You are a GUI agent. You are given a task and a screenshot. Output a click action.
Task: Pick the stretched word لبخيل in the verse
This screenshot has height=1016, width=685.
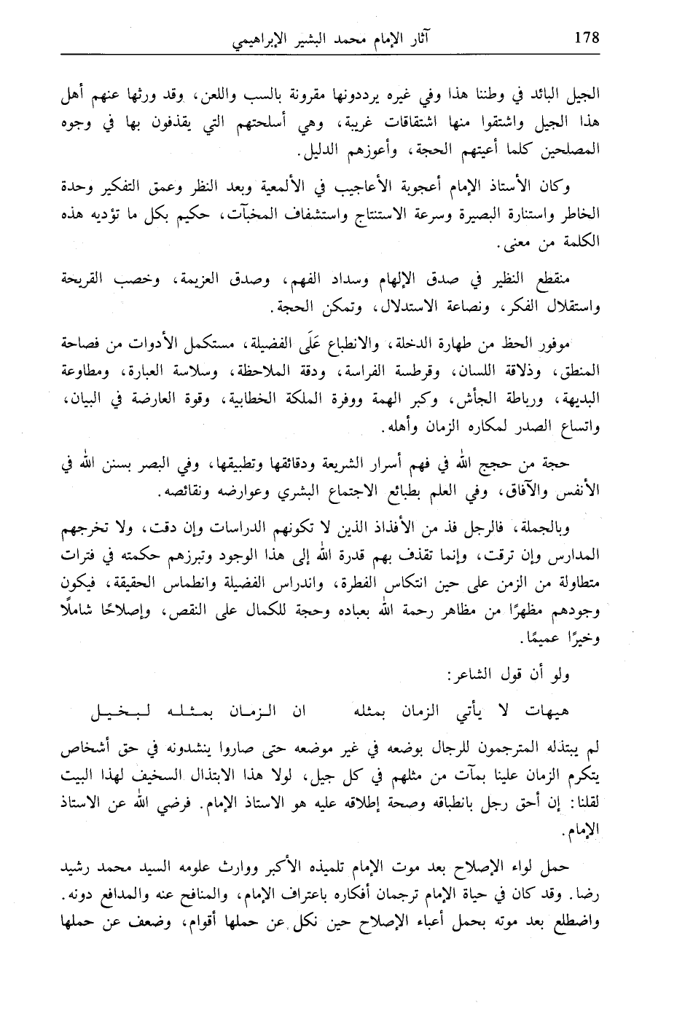124,709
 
